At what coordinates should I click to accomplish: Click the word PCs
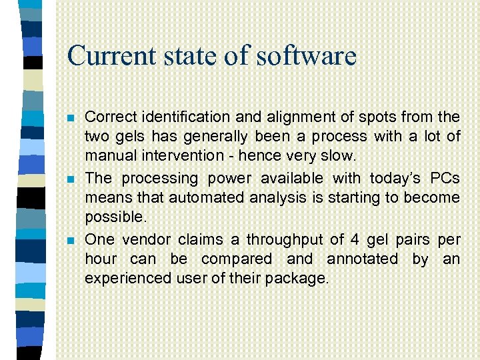click(x=445, y=178)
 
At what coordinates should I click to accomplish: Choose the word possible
click(x=115, y=217)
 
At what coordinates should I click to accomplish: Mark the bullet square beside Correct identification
click(x=71, y=118)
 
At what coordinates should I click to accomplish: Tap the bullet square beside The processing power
click(x=71, y=179)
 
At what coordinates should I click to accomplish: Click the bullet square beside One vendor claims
click(x=71, y=240)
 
